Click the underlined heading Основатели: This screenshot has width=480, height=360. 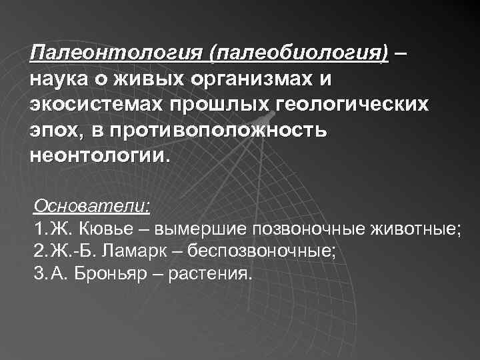(91, 205)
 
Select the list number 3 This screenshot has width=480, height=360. (38, 275)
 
